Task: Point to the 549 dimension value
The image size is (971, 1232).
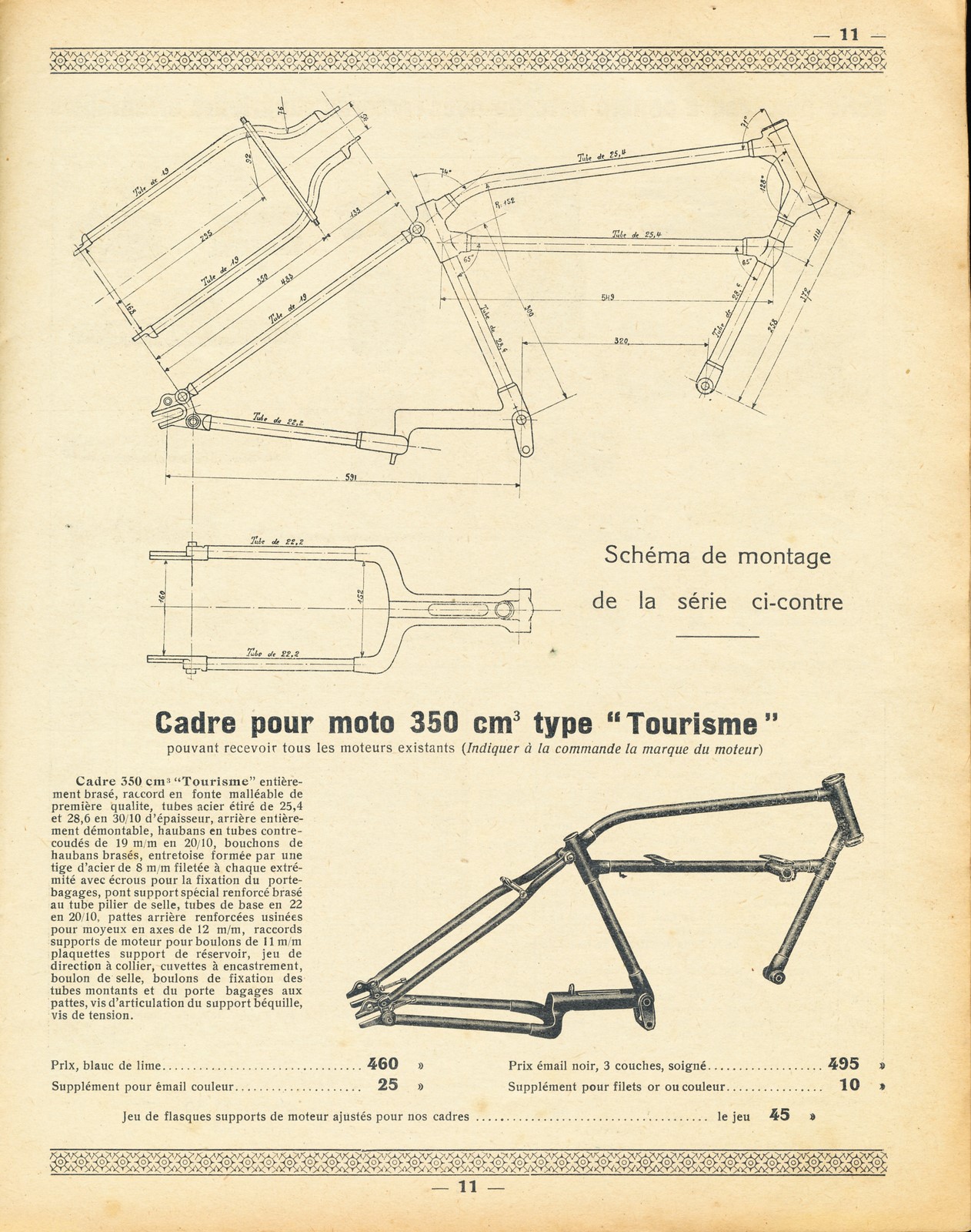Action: point(607,297)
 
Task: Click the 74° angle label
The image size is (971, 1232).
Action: point(445,173)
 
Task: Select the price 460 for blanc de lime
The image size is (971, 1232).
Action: point(383,1064)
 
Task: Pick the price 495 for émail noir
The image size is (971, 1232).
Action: point(843,1064)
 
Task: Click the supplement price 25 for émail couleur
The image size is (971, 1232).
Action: point(388,1086)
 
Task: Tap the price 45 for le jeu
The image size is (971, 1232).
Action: point(779,1114)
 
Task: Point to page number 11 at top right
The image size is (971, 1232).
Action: point(849,35)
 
